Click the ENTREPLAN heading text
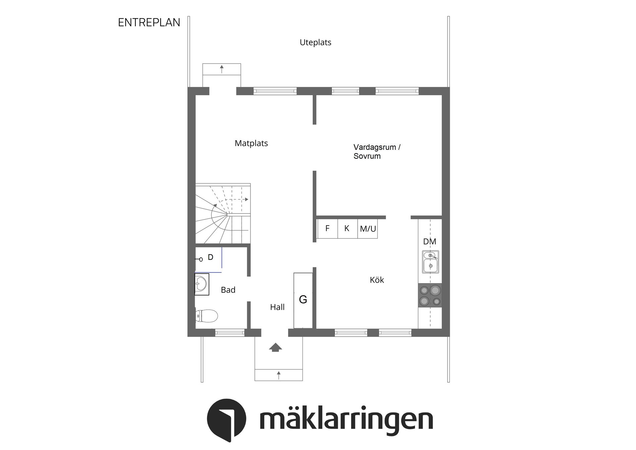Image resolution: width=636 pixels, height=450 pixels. [x=149, y=23]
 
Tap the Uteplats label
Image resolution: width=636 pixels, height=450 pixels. [x=315, y=42]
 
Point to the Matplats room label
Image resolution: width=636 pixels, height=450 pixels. [x=251, y=143]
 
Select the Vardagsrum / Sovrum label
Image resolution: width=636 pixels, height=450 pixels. [x=377, y=152]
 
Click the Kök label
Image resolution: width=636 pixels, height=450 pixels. [x=377, y=280]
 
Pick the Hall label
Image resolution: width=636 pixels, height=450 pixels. [x=277, y=307]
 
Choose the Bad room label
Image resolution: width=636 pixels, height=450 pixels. [x=228, y=290]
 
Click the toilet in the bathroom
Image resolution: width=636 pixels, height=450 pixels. [x=206, y=316]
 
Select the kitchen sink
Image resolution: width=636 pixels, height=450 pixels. [x=430, y=262]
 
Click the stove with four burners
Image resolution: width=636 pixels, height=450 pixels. [x=430, y=295]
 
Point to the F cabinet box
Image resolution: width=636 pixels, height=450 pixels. [x=327, y=228]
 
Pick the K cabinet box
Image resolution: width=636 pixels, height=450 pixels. [x=347, y=228]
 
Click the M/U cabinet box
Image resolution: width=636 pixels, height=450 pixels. [x=368, y=228]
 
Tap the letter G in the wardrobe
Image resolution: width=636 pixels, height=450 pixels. [x=303, y=299]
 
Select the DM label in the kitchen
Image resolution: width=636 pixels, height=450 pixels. [x=429, y=241]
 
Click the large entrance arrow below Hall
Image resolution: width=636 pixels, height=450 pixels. [x=275, y=347]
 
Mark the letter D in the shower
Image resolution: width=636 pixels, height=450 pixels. [x=210, y=257]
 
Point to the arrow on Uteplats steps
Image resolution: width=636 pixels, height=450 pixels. [x=222, y=69]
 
